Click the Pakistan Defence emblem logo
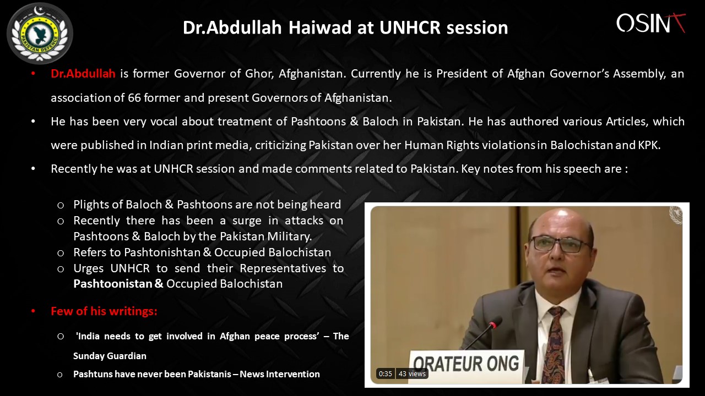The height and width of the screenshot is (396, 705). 40,34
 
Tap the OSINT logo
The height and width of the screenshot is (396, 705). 651,23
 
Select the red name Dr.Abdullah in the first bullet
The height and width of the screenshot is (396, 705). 83,74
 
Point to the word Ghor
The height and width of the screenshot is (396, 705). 259,74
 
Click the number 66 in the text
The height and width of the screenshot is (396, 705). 134,98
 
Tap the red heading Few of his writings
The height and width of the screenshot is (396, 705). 104,311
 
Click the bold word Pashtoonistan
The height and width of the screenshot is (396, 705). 113,284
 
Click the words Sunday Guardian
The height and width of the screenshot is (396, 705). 110,356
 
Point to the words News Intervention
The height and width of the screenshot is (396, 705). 279,374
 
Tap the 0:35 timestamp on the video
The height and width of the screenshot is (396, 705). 385,373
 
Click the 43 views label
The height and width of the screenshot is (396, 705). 412,373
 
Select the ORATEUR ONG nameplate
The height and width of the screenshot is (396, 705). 466,365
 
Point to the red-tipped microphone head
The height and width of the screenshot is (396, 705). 496,323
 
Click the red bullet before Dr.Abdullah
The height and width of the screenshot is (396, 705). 33,74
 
